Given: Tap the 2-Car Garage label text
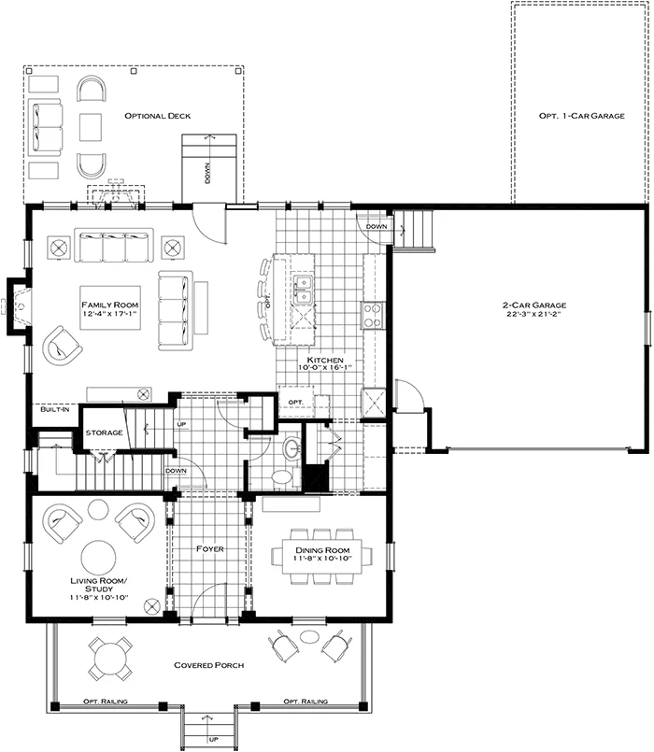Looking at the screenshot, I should click(x=535, y=305).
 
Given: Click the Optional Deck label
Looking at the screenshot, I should click(x=158, y=116).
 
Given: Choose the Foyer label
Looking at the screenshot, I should click(x=210, y=549).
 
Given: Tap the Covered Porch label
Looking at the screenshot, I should click(x=209, y=665).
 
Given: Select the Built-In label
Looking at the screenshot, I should click(x=51, y=410).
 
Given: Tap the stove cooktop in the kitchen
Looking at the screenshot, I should click(x=371, y=315).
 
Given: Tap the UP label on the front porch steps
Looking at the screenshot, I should click(x=212, y=739).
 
